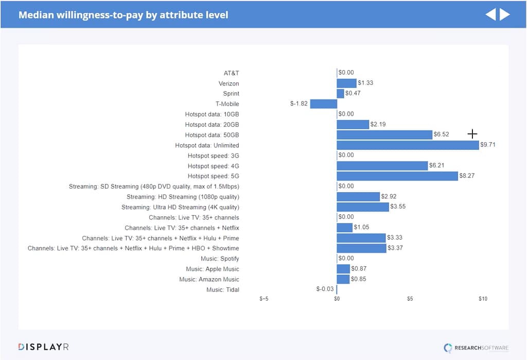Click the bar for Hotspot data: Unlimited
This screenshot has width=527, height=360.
pos(408,145)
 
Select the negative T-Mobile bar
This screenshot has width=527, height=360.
pos(323,104)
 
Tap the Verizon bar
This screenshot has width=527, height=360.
pos(346,83)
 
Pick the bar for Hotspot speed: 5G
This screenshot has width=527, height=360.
pos(397,176)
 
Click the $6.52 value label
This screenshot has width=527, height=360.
pos(441,134)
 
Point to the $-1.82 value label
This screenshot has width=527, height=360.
pos(299,104)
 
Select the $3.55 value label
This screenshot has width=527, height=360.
pos(398,207)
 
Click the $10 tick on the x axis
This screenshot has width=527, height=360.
pos(483,299)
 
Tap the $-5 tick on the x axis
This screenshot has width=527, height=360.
pos(263,299)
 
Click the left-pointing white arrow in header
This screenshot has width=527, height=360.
pos(490,14)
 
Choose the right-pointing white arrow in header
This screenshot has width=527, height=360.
pos(505,14)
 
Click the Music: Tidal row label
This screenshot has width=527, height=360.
pos(222,289)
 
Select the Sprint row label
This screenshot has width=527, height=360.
pos(231,94)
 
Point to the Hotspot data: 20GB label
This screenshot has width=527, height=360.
pos(212,125)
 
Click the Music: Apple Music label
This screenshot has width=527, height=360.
pos(213,269)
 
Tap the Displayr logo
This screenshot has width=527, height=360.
pos(43,347)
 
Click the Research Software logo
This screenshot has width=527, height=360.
pos(477,348)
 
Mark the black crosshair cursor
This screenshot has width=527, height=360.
pos(472,134)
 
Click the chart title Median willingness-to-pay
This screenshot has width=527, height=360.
pos(123,15)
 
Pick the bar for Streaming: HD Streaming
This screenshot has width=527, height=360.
pos(358,197)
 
